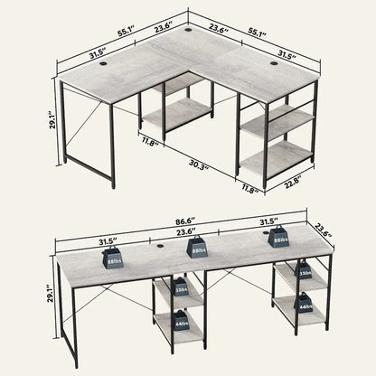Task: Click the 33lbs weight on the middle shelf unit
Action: (181, 290)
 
